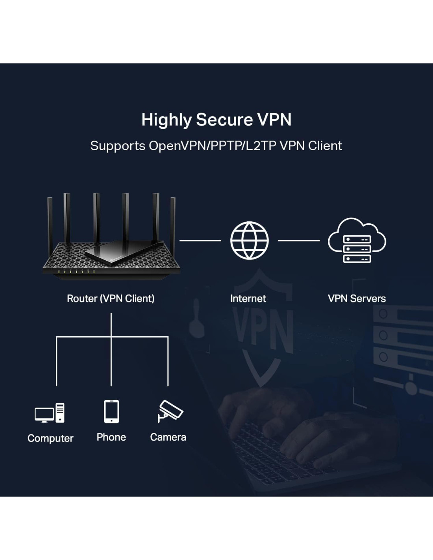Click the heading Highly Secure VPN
click(x=216, y=120)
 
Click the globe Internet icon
click(x=249, y=241)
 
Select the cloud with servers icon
click(x=357, y=241)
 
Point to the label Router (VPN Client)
click(x=111, y=299)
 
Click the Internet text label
click(x=248, y=299)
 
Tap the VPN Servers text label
click(x=357, y=299)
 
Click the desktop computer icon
click(x=50, y=413)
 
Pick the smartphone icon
click(x=111, y=412)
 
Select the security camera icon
click(x=170, y=411)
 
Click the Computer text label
click(x=50, y=438)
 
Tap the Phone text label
click(x=111, y=437)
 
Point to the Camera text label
click(x=168, y=437)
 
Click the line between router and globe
click(x=200, y=241)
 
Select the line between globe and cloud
click(x=299, y=241)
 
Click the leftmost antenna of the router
click(x=50, y=224)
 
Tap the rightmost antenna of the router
click(x=173, y=224)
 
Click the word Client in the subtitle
click(x=325, y=146)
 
